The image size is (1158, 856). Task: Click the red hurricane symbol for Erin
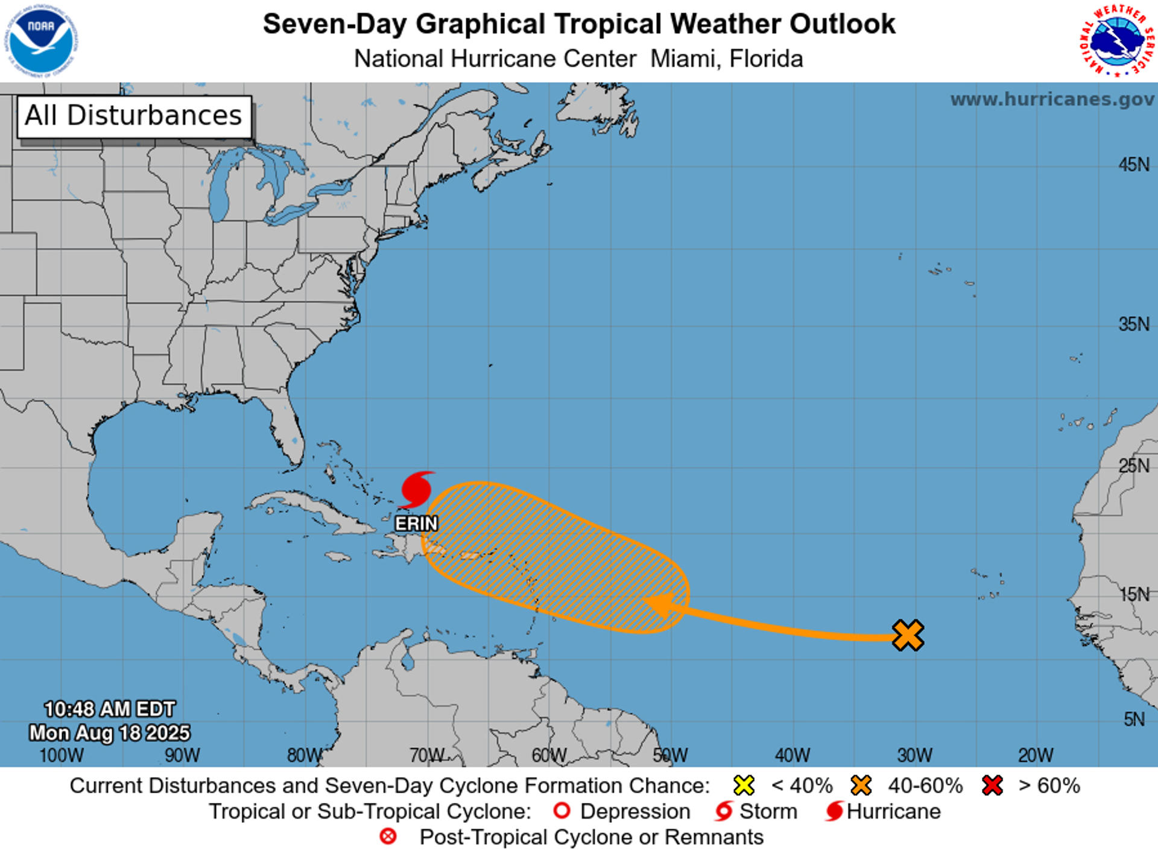(416, 489)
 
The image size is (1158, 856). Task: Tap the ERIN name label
(416, 524)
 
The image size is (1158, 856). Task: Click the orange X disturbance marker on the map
(908, 635)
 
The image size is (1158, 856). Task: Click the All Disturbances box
(134, 116)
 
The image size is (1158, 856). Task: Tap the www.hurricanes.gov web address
(1052, 100)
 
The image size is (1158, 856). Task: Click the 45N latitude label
(1134, 165)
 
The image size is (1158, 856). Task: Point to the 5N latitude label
(1134, 719)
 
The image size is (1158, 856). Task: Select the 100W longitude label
(62, 755)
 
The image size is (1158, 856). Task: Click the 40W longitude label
(793, 755)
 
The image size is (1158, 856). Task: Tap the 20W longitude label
(1036, 755)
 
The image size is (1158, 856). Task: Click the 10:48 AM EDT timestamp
(110, 709)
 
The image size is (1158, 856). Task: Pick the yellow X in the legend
(744, 785)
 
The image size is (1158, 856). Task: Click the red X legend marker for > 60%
(992, 785)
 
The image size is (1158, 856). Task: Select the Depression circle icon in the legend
(562, 811)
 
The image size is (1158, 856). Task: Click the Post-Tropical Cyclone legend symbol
(388, 837)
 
